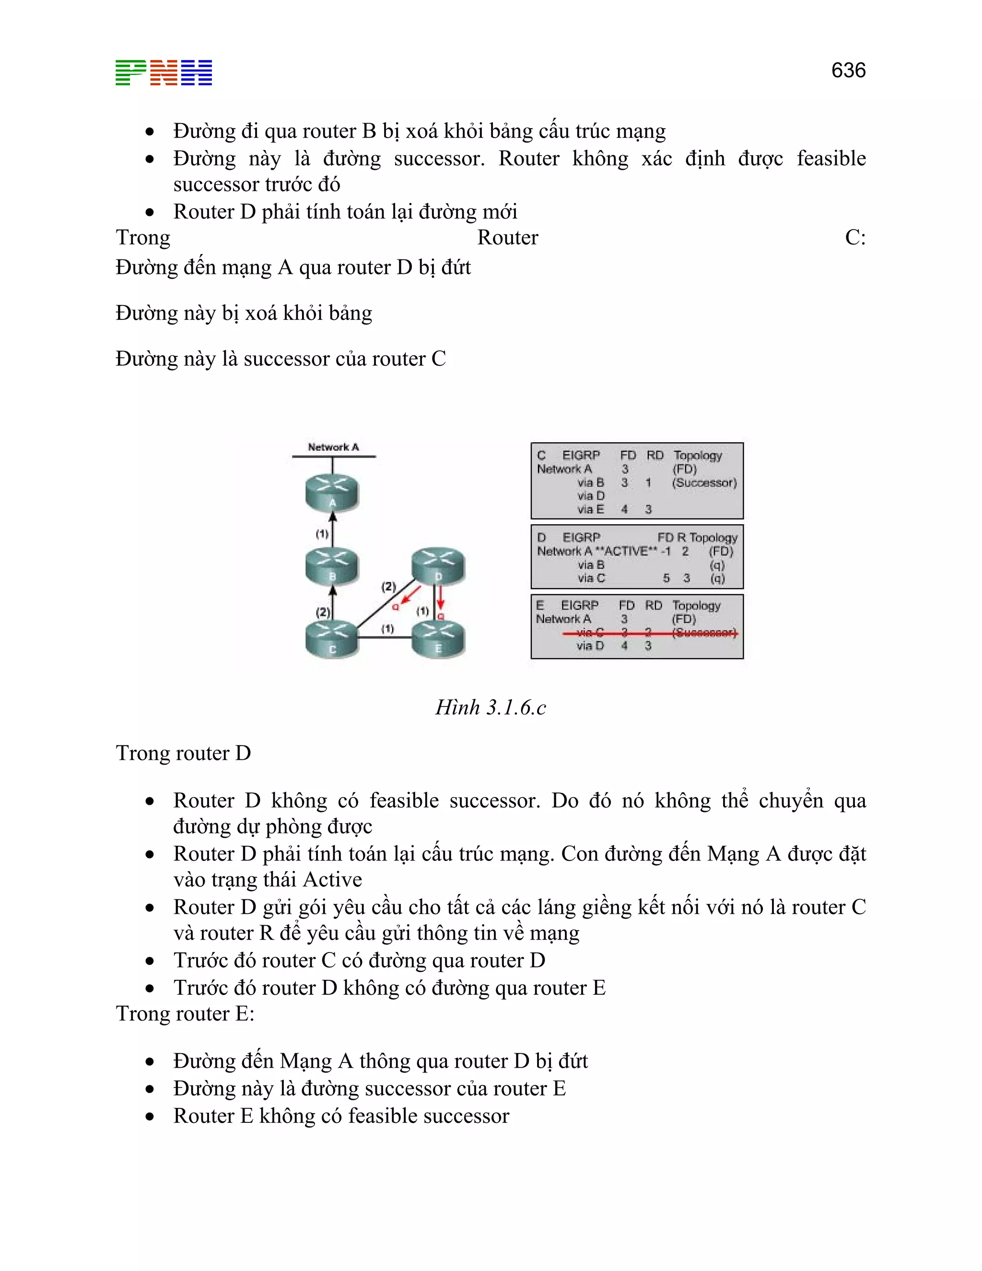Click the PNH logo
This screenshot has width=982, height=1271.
click(x=164, y=73)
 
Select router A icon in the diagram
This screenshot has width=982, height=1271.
click(x=332, y=493)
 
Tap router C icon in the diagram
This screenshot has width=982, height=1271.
click(x=332, y=639)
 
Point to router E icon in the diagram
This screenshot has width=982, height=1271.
click(x=438, y=639)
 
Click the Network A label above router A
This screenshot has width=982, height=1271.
click(x=333, y=447)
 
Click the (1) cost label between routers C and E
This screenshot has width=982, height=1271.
click(x=387, y=628)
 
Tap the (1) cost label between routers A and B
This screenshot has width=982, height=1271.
click(x=322, y=534)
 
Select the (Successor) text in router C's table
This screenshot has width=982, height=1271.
click(x=704, y=483)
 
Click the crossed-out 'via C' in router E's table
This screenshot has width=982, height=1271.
click(x=590, y=632)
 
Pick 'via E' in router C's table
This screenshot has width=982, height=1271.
click(x=590, y=509)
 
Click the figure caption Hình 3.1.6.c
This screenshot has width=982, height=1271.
click(x=491, y=707)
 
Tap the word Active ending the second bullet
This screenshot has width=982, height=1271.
click(x=332, y=879)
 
